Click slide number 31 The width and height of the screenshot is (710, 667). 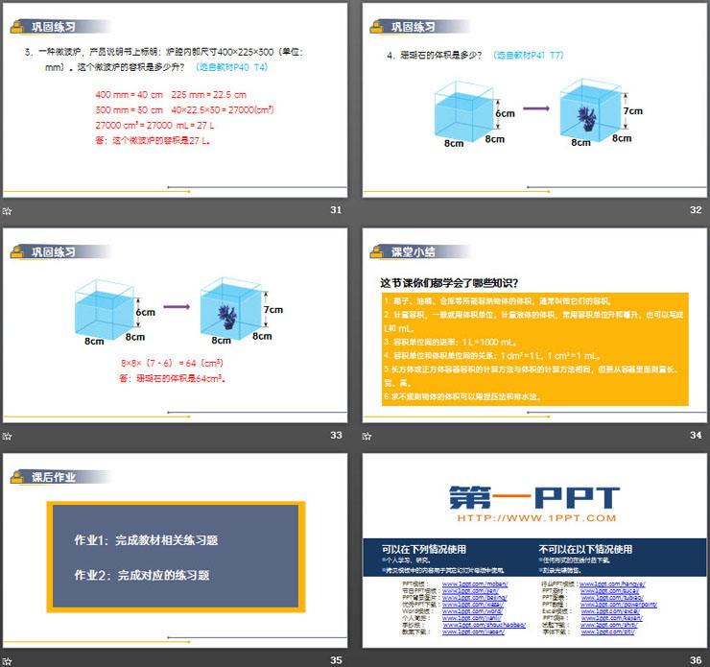[x=336, y=210]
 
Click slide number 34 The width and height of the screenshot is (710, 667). [x=696, y=435]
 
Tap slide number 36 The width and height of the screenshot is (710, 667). [x=696, y=659]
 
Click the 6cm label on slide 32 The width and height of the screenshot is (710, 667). [x=506, y=112]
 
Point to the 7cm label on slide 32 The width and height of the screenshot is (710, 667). [x=634, y=110]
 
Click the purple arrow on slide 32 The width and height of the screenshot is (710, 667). [x=536, y=108]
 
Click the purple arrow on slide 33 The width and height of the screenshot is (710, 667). [x=176, y=308]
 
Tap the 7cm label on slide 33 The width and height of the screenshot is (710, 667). [x=274, y=310]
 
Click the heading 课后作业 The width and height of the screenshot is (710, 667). [x=54, y=476]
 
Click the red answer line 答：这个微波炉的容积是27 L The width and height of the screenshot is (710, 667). [x=153, y=140]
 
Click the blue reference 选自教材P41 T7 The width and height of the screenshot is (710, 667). [x=529, y=56]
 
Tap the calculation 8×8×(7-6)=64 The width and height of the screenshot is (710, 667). [x=172, y=363]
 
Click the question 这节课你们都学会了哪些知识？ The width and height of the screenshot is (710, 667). [x=450, y=282]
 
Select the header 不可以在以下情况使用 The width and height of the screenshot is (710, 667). [x=585, y=549]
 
